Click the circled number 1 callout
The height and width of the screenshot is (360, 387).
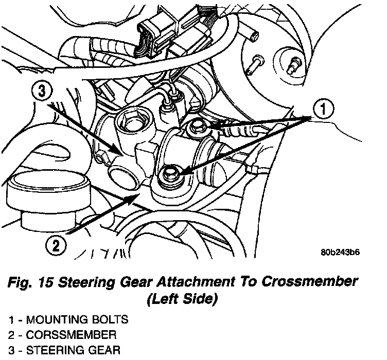pos(323,109)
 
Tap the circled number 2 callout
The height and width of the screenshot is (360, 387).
pos(56,246)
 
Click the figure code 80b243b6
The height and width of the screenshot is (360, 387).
pos(340,253)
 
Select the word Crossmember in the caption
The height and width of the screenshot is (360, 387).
pos(309,282)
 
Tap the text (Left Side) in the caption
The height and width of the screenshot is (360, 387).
pos(182,299)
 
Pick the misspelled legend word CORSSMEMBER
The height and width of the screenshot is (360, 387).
pos(71,335)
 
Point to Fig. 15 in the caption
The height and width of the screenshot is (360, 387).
pos(30,282)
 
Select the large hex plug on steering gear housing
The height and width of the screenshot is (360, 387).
pos(127,122)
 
